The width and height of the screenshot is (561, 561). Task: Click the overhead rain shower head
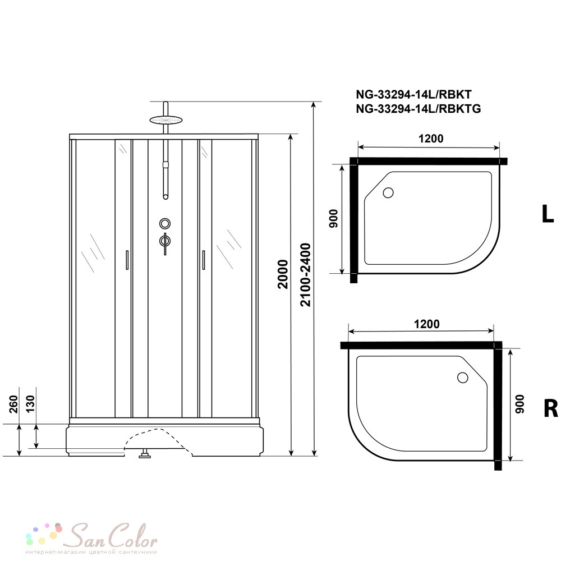coord(165,119)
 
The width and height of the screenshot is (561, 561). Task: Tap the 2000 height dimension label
coord(283,274)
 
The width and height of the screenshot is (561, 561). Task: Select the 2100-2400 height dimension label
coord(306,275)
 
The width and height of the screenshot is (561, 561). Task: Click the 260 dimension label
coord(13,404)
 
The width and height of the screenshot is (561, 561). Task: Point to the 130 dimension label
coord(31,404)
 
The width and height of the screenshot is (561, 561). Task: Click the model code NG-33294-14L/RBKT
coord(413,94)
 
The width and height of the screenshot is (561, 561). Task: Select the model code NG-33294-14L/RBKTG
coord(419,108)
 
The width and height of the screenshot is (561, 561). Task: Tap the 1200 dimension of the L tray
coord(431,139)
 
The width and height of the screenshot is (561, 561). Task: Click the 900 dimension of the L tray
coord(333,219)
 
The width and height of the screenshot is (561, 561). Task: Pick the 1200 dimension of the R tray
coord(426,324)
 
